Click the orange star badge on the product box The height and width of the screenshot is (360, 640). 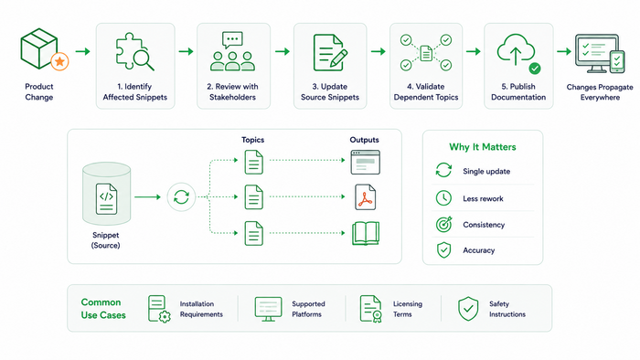59,61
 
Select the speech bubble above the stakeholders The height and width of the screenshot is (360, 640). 232,40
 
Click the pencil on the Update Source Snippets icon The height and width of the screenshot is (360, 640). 339,58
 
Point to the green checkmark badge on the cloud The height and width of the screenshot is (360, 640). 535,69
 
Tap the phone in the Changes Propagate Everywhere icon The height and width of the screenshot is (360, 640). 617,61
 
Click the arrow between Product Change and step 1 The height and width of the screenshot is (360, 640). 83,51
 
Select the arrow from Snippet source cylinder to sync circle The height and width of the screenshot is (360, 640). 148,197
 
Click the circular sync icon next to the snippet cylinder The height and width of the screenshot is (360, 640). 181,197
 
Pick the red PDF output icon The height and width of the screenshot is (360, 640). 366,197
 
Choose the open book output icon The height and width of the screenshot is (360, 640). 366,233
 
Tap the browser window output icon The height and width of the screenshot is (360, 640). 366,162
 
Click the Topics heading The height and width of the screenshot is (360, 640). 252,140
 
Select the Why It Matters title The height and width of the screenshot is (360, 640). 483,147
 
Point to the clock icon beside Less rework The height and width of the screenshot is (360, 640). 443,198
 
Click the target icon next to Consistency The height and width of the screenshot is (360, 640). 443,224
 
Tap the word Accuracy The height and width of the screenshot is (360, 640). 479,250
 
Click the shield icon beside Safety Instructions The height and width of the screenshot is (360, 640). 468,309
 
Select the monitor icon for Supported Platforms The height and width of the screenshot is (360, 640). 268,309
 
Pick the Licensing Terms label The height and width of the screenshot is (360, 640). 408,309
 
